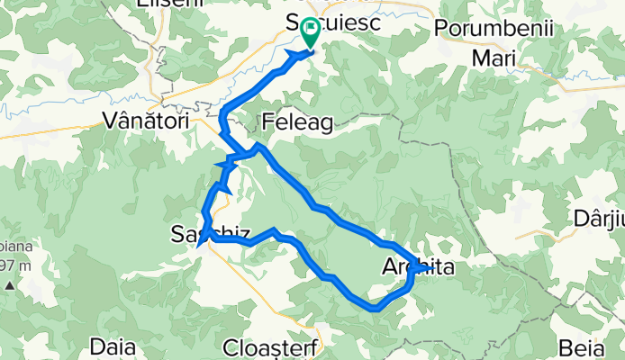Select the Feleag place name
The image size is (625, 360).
298,121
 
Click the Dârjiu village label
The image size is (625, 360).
598,219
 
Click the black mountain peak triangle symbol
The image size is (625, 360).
8,285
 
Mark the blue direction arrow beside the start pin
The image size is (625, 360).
295,55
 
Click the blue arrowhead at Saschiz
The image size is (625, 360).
204,239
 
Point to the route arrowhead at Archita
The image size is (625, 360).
421,267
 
